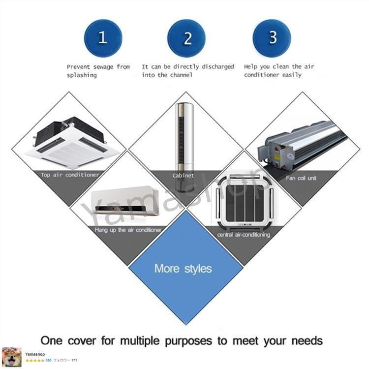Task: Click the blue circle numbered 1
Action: tap(103, 38)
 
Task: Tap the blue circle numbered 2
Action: tap(186, 38)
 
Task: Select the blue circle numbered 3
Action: tap(272, 38)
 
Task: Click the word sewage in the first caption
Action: tap(103, 67)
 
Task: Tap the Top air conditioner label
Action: tap(70, 175)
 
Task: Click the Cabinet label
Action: tap(183, 176)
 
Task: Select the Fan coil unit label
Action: tap(301, 178)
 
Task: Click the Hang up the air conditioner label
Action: tap(128, 230)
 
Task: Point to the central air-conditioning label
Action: tap(244, 235)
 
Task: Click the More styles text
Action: tap(183, 269)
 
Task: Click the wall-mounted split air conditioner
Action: tap(125, 201)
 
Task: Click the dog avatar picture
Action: tap(11, 358)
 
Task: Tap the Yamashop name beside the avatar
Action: tap(35, 354)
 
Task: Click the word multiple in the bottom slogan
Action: tap(140, 341)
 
